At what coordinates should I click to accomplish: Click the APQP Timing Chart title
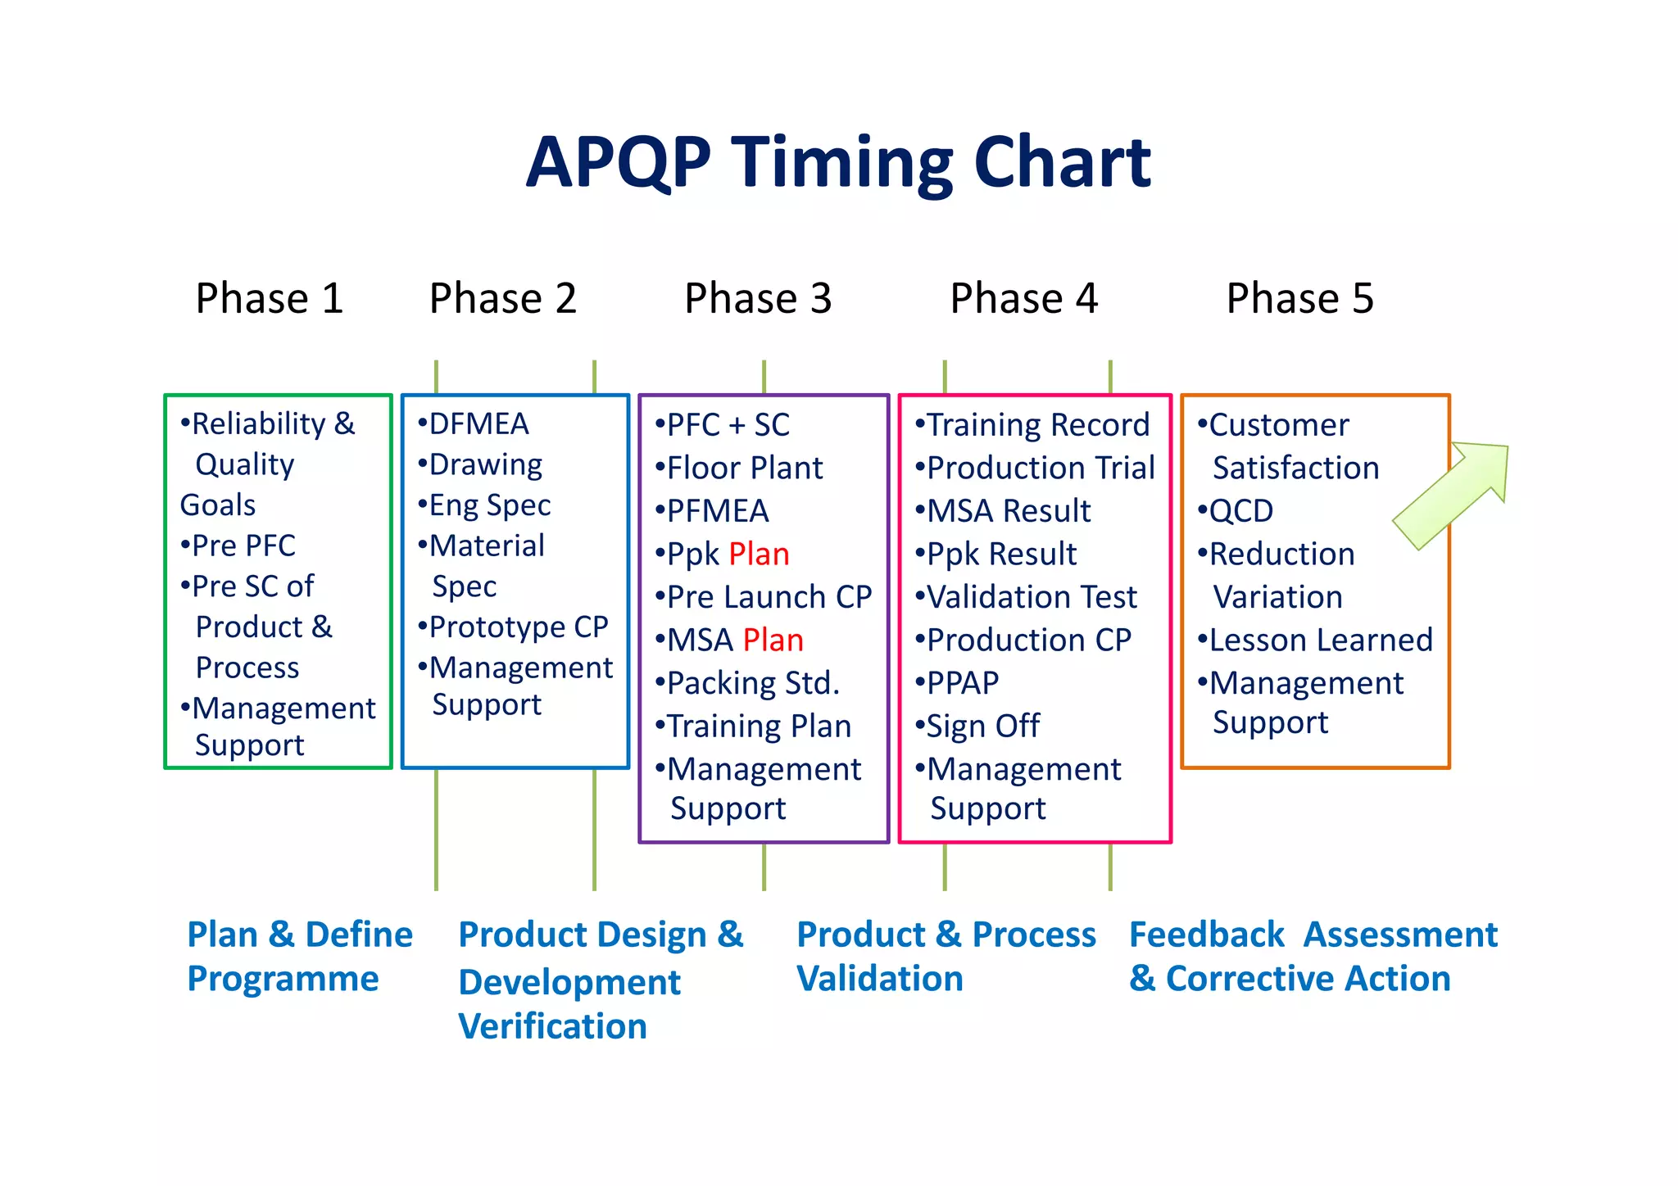pyautogui.click(x=838, y=162)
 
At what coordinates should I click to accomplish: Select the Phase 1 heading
pyautogui.click(x=269, y=298)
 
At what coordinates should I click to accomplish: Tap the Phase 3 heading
pyautogui.click(x=758, y=298)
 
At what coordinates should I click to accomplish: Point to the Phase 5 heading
pyautogui.click(x=1299, y=298)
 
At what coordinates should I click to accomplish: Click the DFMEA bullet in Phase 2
pyautogui.click(x=478, y=424)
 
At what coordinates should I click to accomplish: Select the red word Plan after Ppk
pyautogui.click(x=759, y=555)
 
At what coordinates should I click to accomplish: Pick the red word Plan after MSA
pyautogui.click(x=773, y=641)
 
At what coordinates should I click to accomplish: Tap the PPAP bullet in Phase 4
pyautogui.click(x=962, y=683)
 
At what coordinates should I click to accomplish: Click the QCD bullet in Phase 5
pyautogui.click(x=1240, y=511)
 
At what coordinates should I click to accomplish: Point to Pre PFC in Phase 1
pyautogui.click(x=243, y=545)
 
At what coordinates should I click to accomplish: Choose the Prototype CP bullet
pyautogui.click(x=518, y=627)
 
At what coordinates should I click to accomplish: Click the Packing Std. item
pyautogui.click(x=752, y=683)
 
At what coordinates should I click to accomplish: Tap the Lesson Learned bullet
pyautogui.click(x=1320, y=641)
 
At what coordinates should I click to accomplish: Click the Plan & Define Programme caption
pyautogui.click(x=299, y=957)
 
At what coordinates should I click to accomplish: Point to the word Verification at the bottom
pyautogui.click(x=553, y=1026)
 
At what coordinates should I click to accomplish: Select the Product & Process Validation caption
pyautogui.click(x=946, y=957)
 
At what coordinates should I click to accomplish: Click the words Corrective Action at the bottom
pyautogui.click(x=1308, y=979)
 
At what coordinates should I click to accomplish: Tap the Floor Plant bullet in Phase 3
pyautogui.click(x=744, y=469)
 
